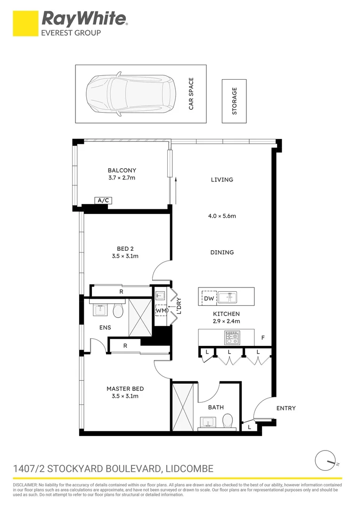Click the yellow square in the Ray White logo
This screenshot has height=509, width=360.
tap(25, 24)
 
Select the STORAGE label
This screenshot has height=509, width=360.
tap(234, 101)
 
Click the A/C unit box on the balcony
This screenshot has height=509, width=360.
tap(103, 201)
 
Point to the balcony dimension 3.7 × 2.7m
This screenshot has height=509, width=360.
tap(122, 178)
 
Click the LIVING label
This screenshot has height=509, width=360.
tap(222, 180)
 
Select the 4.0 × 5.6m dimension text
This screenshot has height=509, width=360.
tap(222, 216)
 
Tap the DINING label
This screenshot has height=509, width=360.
tap(222, 253)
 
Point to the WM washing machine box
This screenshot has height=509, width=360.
tap(161, 311)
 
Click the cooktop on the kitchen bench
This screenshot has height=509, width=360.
tap(232, 337)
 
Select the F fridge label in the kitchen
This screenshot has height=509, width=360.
tap(263, 338)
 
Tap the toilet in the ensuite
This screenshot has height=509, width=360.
tap(118, 311)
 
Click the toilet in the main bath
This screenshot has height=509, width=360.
tap(228, 420)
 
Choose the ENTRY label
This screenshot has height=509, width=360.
tap(286, 408)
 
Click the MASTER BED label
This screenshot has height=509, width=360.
tap(125, 389)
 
